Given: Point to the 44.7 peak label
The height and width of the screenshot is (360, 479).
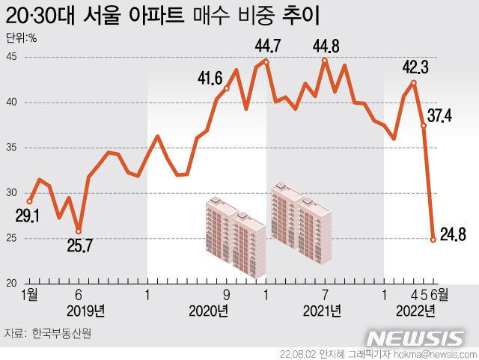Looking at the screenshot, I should (267, 47).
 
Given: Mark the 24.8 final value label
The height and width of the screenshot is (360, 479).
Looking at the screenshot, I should (453, 235).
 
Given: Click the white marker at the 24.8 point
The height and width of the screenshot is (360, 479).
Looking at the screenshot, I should (433, 240).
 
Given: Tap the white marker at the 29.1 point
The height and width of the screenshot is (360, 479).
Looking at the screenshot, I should (30, 201).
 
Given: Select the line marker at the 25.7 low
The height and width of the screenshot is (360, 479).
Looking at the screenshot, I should (79, 231).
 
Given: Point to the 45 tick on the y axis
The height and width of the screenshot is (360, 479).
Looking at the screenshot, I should (12, 57).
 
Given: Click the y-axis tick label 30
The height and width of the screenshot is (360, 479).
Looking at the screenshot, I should (12, 192).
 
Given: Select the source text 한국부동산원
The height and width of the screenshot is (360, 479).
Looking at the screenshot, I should (64, 332).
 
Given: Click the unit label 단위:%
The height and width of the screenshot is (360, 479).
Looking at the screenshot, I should (22, 38).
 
